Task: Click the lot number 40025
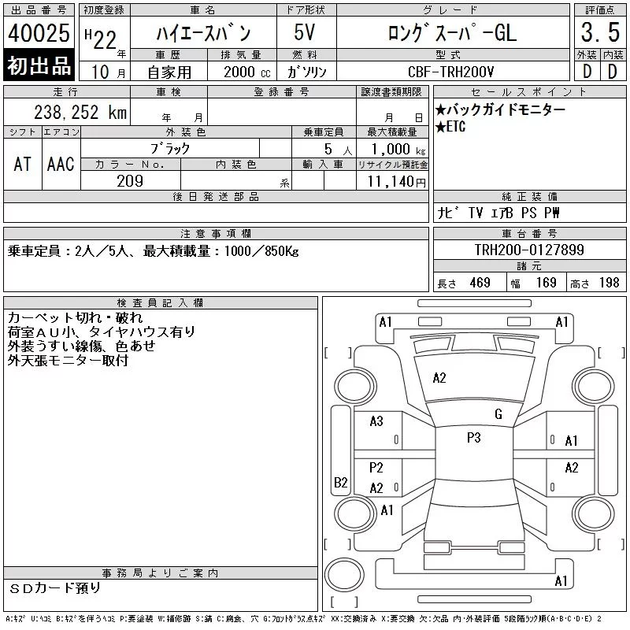pos(39,33)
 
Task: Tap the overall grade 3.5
pos(600,32)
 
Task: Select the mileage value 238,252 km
pos(80,113)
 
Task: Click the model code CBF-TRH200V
pos(450,72)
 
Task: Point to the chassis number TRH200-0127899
pos(529,250)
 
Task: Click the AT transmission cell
pos(23,164)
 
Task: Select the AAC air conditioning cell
pos(61,164)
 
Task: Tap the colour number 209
pos(130,181)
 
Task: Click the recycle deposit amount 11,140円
pos(397,182)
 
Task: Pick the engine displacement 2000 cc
pos(247,72)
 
